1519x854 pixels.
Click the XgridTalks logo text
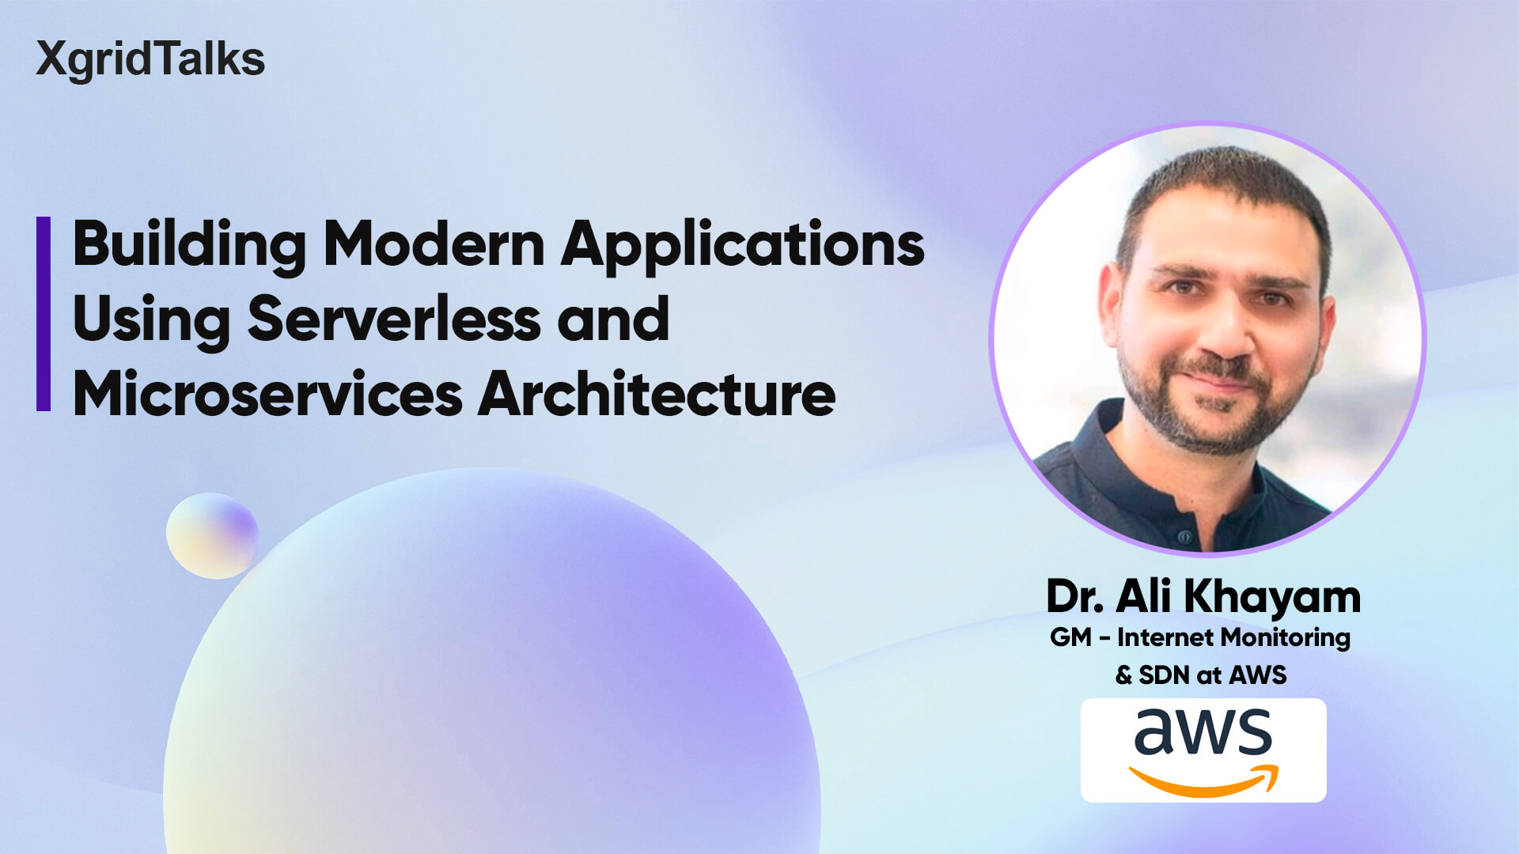point(150,59)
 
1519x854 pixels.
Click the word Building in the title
point(189,244)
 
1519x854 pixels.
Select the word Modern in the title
point(434,244)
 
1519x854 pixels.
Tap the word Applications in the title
point(742,244)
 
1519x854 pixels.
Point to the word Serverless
point(393,319)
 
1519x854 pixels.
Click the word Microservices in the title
point(267,394)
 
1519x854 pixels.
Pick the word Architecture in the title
point(657,394)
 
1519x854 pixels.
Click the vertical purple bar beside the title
point(44,314)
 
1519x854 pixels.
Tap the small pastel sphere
point(212,535)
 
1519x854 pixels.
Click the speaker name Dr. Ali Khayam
point(1203,596)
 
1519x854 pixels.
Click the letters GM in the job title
point(1070,637)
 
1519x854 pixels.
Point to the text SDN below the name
point(1164,675)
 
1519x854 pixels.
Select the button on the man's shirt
point(1185,537)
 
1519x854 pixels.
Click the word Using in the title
point(151,319)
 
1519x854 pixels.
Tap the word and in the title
point(613,319)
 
